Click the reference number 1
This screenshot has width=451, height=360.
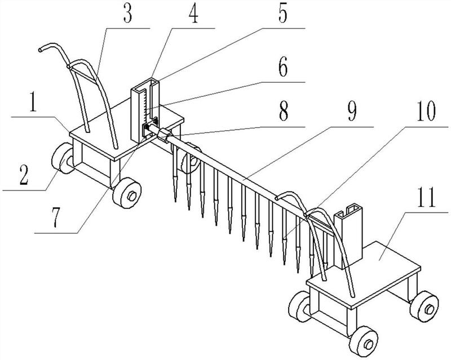tap(33, 103)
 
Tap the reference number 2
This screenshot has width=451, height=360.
tap(24, 175)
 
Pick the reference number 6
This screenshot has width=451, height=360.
tap(283, 68)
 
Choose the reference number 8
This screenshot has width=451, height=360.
tap(284, 112)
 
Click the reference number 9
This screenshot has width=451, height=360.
tap(352, 112)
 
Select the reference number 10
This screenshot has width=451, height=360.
tap(427, 112)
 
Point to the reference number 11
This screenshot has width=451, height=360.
tap(427, 198)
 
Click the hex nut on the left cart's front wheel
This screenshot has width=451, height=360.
tap(131, 196)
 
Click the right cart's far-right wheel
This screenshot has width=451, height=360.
tap(425, 306)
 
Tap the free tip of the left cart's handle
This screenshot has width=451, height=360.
tap(39, 50)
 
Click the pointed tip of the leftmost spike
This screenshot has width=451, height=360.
tap(175, 201)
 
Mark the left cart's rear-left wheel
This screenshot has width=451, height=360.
tap(63, 158)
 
